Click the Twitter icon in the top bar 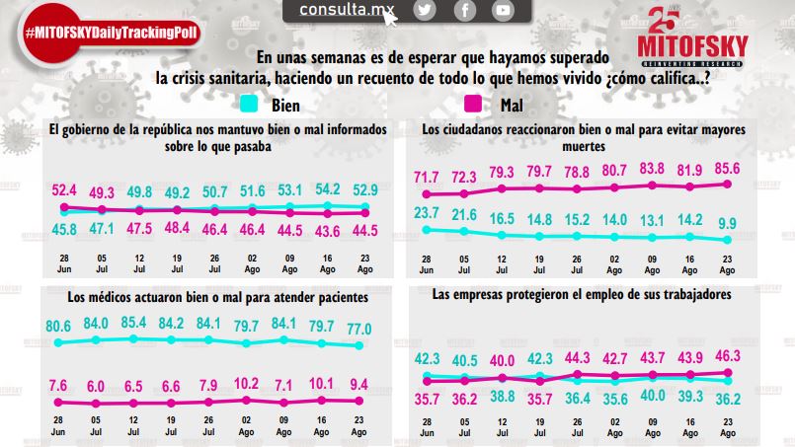[426, 11]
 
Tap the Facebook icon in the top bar [465, 11]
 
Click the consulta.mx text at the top [342, 11]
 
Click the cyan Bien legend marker [251, 102]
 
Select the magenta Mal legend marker [473, 102]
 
